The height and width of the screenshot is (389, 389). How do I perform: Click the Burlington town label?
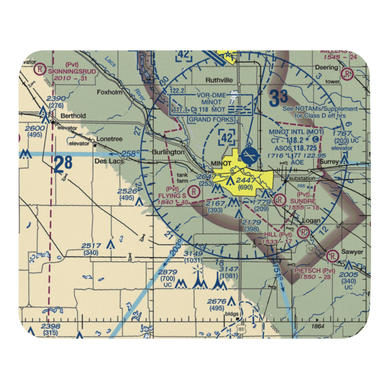pos(168,152)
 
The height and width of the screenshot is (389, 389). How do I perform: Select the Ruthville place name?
pos(219,80)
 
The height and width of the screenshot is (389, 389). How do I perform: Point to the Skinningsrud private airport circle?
pos(39,70)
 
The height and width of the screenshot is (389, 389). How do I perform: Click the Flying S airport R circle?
pos(193,191)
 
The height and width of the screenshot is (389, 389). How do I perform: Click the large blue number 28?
pos(63,165)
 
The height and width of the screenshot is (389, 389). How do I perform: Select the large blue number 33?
pos(279,97)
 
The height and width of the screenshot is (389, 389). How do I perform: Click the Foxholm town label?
pos(110,93)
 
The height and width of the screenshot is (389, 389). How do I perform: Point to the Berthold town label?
pos(72,116)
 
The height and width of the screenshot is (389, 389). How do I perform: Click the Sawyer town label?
pos(352,252)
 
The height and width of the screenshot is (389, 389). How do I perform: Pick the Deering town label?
pos(327,68)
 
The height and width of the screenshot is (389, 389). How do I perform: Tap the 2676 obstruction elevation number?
pos(217,301)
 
